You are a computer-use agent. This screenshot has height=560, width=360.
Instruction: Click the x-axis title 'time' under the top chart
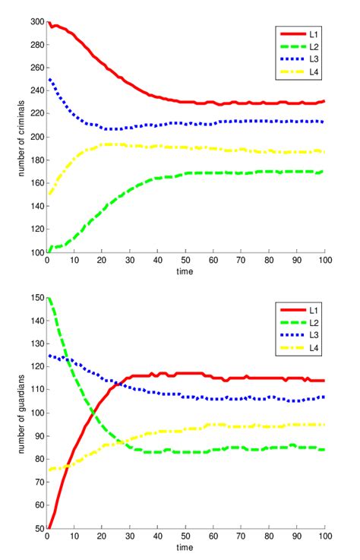186,271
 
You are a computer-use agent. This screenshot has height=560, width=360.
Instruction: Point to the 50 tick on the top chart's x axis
186,260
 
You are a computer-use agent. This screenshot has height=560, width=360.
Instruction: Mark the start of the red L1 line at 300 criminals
48,23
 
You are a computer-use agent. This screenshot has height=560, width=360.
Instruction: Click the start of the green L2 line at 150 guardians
48,299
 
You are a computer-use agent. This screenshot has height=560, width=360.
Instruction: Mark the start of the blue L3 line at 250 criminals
48,80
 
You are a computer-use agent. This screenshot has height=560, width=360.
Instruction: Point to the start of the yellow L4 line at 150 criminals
48,195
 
